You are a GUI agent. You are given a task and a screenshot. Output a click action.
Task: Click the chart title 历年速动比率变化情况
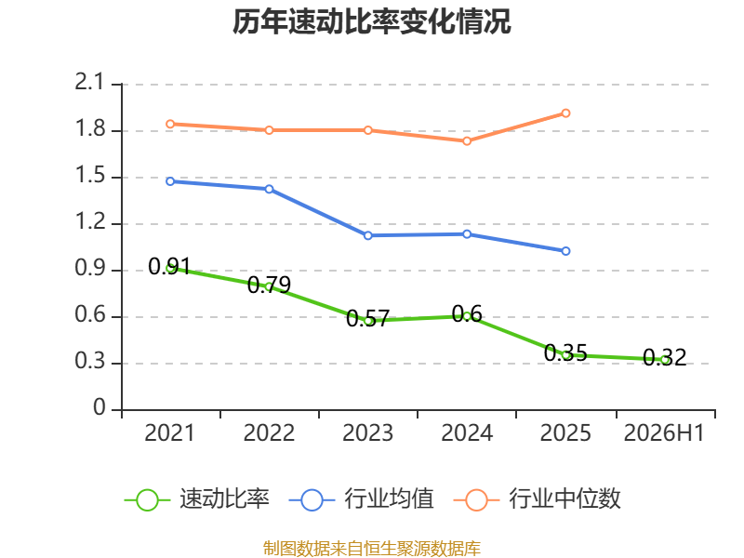tap(371, 21)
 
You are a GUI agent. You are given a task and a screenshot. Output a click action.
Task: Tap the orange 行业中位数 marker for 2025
tap(565, 113)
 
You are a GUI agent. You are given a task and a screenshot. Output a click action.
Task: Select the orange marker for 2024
tap(467, 141)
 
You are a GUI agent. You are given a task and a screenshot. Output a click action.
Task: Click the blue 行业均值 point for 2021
tap(170, 181)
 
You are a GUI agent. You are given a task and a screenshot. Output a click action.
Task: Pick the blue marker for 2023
tap(367, 235)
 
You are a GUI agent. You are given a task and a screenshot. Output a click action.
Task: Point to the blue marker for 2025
tap(565, 251)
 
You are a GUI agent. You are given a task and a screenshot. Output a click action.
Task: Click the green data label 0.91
tap(169, 266)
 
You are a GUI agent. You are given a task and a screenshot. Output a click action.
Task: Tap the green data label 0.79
tap(269, 285)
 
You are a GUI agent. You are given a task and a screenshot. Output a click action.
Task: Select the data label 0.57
tap(367, 318)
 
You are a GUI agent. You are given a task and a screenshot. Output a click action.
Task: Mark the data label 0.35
tap(565, 352)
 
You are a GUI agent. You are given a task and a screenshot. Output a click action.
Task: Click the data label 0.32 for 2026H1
tap(664, 357)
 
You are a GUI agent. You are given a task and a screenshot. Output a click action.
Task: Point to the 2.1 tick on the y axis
tap(89, 82)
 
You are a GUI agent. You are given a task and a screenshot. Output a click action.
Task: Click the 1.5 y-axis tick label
tap(89, 176)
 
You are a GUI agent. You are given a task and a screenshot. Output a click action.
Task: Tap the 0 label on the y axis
tap(100, 407)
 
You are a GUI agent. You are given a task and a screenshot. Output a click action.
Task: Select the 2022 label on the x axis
tap(269, 432)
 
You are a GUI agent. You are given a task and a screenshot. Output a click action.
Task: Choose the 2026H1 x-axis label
tap(664, 432)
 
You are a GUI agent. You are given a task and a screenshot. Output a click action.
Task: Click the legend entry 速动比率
tap(197, 499)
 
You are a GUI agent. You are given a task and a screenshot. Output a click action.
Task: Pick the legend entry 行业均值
tap(362, 499)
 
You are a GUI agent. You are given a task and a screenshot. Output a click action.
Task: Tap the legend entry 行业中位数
tap(538, 499)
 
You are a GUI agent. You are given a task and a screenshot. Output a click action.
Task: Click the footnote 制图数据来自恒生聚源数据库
tap(372, 548)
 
